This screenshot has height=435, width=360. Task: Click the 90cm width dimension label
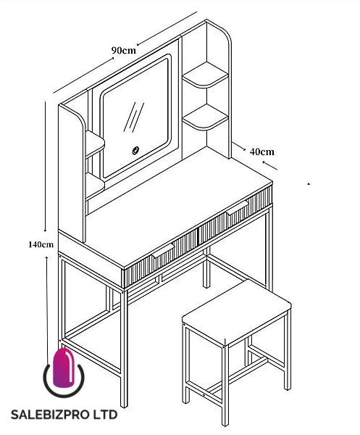click(x=124, y=51)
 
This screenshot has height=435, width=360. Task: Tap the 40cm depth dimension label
click(x=262, y=152)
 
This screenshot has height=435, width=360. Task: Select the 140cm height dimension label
click(x=41, y=244)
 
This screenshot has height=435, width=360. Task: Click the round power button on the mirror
click(x=135, y=151)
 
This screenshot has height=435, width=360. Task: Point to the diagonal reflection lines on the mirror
click(x=133, y=117)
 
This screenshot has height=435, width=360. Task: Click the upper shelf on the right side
click(x=205, y=75)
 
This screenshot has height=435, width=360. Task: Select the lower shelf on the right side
click(x=205, y=117)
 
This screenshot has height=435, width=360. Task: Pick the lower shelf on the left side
click(x=94, y=186)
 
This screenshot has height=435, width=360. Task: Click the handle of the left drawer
click(x=163, y=250)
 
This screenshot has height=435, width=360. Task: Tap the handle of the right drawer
click(x=238, y=207)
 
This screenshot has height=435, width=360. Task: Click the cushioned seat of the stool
click(x=236, y=312)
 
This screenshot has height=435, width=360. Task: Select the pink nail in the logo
click(x=64, y=368)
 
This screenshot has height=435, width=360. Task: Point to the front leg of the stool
click(x=225, y=386)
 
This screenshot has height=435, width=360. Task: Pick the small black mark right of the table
click(x=309, y=183)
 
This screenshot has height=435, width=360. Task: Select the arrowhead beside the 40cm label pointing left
click(x=264, y=162)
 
